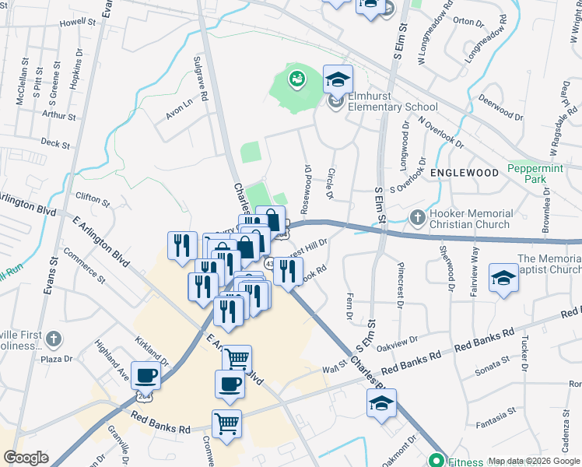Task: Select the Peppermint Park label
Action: click(x=536, y=174)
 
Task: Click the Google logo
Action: click(x=26, y=458)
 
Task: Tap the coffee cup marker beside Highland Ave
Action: click(x=145, y=376)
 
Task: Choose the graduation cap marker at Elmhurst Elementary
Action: click(x=338, y=79)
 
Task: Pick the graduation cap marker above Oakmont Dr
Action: click(x=381, y=404)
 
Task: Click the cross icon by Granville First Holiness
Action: click(x=52, y=339)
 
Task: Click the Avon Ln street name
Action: click(x=178, y=111)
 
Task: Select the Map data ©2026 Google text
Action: click(x=534, y=461)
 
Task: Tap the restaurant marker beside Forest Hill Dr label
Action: click(x=289, y=271)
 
